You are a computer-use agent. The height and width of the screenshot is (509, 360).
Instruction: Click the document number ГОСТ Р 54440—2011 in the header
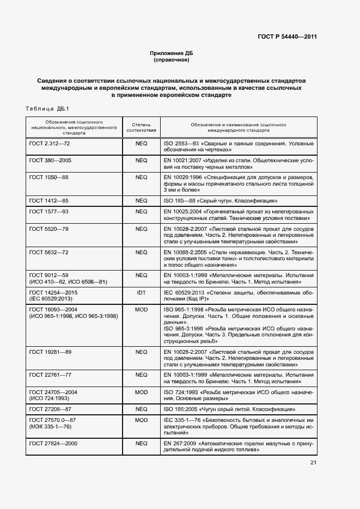[x=286, y=37]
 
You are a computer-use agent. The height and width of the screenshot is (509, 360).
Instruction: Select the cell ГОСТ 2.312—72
[x=49, y=144]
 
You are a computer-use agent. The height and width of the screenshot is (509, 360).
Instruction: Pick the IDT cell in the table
[x=141, y=292]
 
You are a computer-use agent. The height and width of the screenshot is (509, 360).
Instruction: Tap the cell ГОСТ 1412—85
[x=48, y=201]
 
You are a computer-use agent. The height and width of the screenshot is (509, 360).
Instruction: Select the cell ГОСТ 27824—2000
[x=53, y=444]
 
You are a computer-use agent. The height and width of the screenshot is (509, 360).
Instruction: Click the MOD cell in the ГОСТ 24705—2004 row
[x=141, y=392]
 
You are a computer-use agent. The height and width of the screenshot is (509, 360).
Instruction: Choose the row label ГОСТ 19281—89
[x=50, y=352]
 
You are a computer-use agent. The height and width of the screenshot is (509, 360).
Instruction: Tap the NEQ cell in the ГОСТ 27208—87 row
[x=141, y=409]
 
